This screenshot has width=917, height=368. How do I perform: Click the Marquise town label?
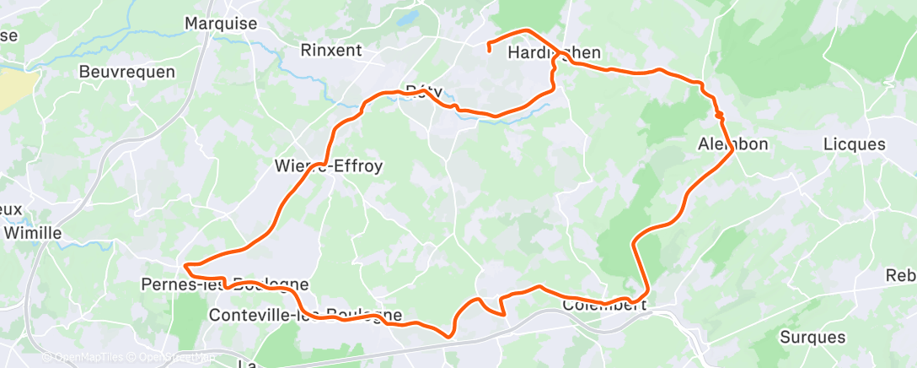pyautogui.click(x=221, y=24)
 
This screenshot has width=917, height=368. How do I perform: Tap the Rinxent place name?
pyautogui.click(x=331, y=51)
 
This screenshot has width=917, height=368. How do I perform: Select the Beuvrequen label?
pyautogui.click(x=126, y=72)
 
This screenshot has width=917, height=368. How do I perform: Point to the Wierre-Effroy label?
pyautogui.click(x=330, y=166)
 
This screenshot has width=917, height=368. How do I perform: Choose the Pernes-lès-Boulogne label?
pyautogui.click(x=224, y=284)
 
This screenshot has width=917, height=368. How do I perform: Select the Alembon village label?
pyautogui.click(x=733, y=144)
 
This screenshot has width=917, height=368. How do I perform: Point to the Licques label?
pyautogui.click(x=855, y=144)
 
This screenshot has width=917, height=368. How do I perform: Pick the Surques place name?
pyautogui.click(x=812, y=338)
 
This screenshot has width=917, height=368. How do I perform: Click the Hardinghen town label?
pyautogui.click(x=555, y=53)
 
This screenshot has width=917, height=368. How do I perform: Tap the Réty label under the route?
pyautogui.click(x=424, y=90)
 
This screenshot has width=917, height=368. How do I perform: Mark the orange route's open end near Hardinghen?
pyautogui.click(x=489, y=51)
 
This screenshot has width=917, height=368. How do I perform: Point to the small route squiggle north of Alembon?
pyautogui.click(x=718, y=112)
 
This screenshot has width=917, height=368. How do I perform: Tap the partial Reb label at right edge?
pyautogui.click(x=901, y=276)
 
